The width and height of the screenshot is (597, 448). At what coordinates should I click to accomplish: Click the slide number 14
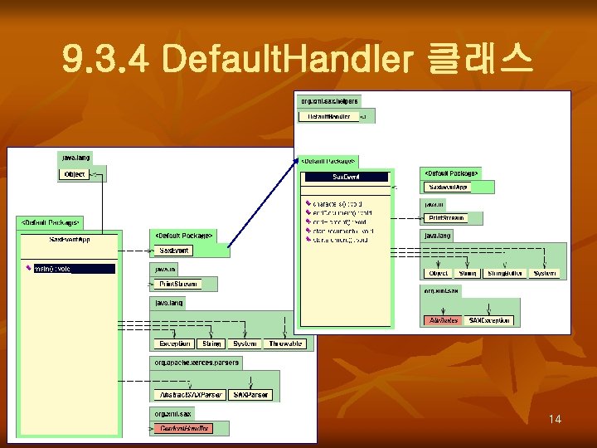[x=555, y=419]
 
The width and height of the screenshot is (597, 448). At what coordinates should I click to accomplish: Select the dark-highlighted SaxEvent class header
[x=347, y=177]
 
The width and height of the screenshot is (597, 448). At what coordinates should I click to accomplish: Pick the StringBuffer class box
[x=505, y=273]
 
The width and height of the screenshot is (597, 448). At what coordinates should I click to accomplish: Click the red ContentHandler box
[x=182, y=428]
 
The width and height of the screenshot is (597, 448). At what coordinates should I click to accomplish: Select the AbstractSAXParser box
[x=188, y=395]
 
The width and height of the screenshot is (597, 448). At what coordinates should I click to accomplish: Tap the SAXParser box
[x=250, y=395]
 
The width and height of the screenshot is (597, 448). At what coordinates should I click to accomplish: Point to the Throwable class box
[x=285, y=343]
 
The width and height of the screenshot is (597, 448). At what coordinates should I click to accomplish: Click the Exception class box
[x=174, y=343]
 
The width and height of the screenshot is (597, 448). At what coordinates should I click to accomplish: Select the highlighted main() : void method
[x=73, y=269]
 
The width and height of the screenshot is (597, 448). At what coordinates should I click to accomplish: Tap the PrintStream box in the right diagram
[x=445, y=218]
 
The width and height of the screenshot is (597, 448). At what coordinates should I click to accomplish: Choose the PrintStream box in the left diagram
[x=178, y=284]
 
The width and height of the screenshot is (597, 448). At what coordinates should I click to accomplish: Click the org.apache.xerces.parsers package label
[x=196, y=363]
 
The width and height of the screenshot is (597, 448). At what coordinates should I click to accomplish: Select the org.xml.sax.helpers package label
[x=328, y=101]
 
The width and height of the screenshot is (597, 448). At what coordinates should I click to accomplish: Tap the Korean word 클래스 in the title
[x=477, y=60]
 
